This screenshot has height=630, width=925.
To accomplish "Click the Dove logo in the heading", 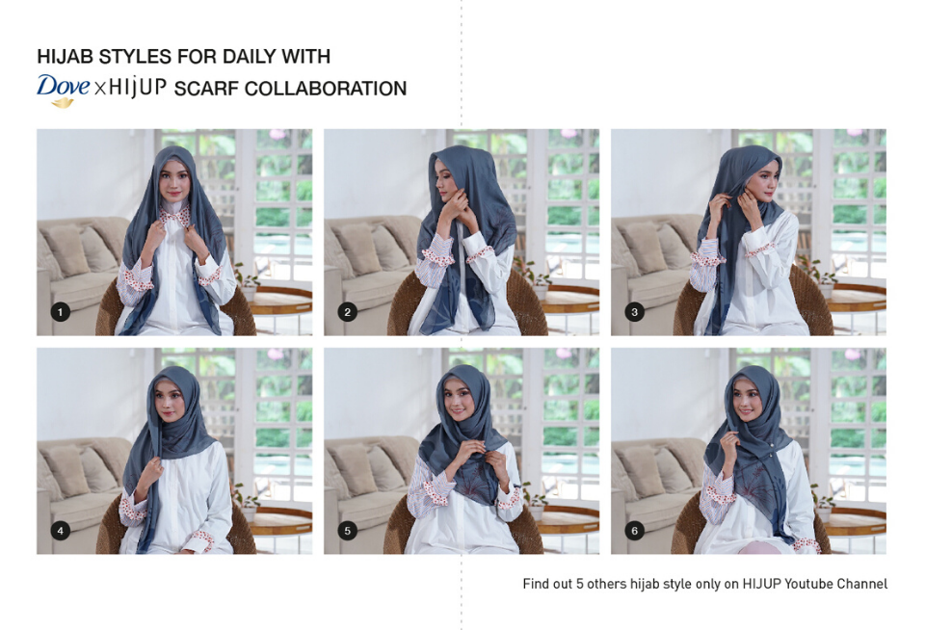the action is click(63, 90).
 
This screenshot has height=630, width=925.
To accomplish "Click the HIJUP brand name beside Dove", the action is click(138, 88).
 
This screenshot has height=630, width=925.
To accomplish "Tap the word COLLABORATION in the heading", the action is click(325, 89).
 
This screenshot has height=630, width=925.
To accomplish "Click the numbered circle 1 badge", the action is click(60, 311).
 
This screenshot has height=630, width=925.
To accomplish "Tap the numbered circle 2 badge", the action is click(348, 311).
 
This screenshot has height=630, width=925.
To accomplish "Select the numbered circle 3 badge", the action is click(634, 311).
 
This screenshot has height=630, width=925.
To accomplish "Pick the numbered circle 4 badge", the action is click(60, 531).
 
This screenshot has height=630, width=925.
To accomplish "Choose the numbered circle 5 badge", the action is click(348, 531).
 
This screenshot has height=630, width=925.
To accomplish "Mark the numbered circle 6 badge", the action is click(634, 531).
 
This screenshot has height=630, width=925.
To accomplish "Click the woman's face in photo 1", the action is click(174, 180).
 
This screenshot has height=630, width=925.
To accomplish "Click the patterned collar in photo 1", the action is click(176, 216).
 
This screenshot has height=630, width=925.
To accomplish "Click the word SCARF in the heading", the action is click(206, 89).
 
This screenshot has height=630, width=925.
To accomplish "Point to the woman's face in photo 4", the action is click(170, 399).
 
